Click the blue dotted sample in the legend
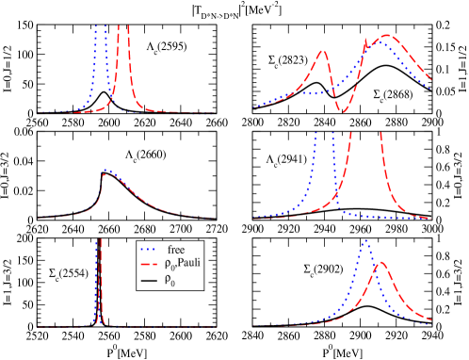coord(148,249)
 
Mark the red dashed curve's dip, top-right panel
coord(343,112)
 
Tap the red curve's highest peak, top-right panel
coord(386,36)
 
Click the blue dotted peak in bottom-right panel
coord(364,241)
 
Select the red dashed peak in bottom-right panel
coord(380,263)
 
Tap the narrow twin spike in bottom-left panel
coord(99,283)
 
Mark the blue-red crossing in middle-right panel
coord(338,198)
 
